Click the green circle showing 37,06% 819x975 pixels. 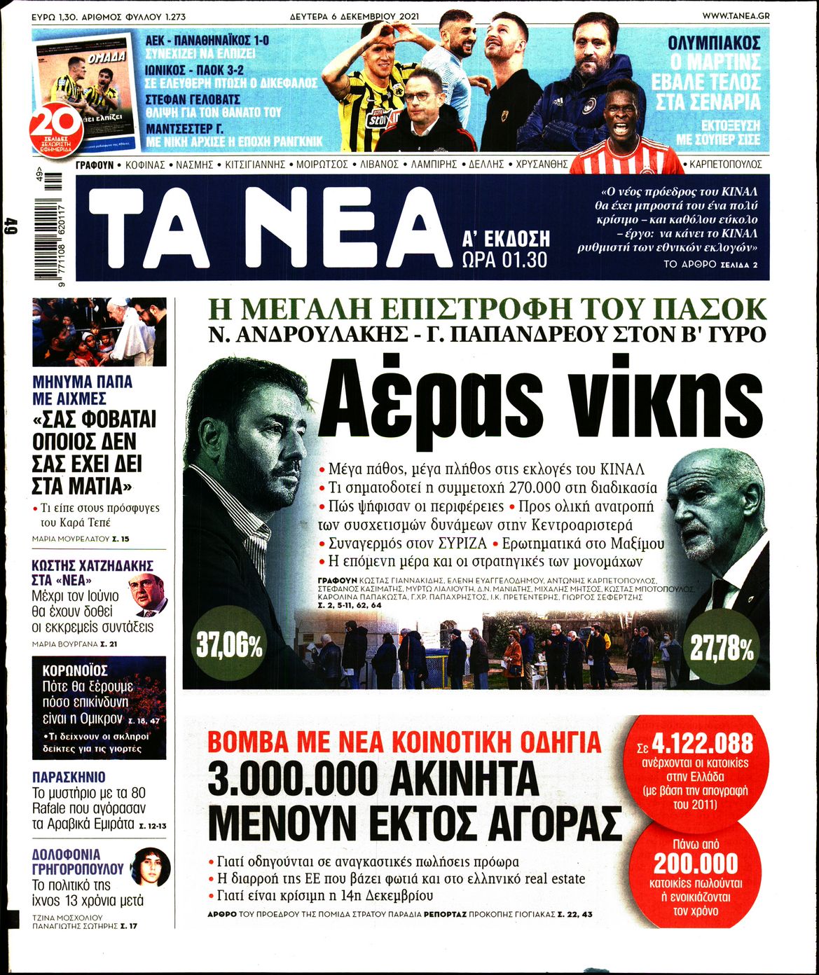coord(229,646)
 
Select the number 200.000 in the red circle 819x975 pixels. coord(696,863)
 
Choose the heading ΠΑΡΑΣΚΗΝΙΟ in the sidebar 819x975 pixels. coord(69,777)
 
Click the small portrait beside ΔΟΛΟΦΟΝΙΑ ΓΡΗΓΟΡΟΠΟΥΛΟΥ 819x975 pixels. coord(152,866)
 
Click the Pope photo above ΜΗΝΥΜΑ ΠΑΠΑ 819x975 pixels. coord(99,332)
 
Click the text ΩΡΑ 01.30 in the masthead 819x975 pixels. coord(504,260)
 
